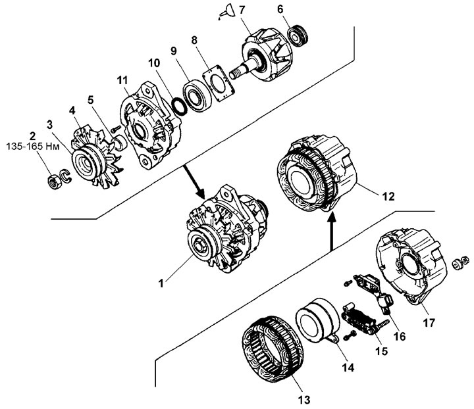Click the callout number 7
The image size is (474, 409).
click(x=242, y=11)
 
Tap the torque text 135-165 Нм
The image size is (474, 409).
click(x=33, y=147)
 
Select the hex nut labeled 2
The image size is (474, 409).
click(x=55, y=181)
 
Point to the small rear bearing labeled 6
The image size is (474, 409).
click(x=298, y=36)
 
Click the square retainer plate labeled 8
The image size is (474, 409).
click(x=219, y=84)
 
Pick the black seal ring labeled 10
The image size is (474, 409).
click(x=180, y=106)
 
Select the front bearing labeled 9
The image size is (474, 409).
click(x=197, y=95)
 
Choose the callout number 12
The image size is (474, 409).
click(x=388, y=197)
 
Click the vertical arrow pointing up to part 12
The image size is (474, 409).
click(x=332, y=232)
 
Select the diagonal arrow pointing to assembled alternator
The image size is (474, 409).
click(x=194, y=181)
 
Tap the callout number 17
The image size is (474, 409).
click(x=429, y=323)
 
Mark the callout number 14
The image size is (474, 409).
click(x=348, y=368)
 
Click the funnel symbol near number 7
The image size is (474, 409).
click(x=225, y=11)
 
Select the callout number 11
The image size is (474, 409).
click(x=122, y=80)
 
